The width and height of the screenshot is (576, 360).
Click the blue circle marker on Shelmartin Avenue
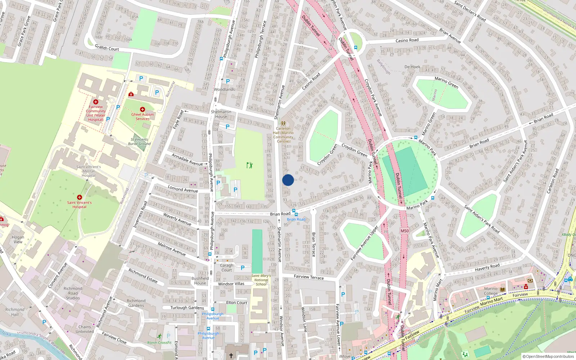288,180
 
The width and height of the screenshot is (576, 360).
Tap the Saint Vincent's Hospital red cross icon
80,197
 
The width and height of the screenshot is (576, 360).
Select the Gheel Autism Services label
142,117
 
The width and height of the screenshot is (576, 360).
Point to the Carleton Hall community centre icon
283,123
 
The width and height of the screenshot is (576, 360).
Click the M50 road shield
405,231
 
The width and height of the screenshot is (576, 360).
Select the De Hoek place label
412,67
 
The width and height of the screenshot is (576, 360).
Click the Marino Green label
446,82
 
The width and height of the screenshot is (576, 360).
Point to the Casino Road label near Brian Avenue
407,40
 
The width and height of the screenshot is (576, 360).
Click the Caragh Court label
227,267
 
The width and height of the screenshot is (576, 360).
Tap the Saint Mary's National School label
261,280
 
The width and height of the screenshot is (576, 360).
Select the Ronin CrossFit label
159,342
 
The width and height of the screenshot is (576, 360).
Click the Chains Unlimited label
85,329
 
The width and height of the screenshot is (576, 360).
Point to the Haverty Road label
487,267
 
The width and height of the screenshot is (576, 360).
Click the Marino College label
491,291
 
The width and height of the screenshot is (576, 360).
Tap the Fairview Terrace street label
309,277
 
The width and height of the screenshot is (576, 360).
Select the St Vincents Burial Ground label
139,141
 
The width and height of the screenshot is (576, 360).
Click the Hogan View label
18,239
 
